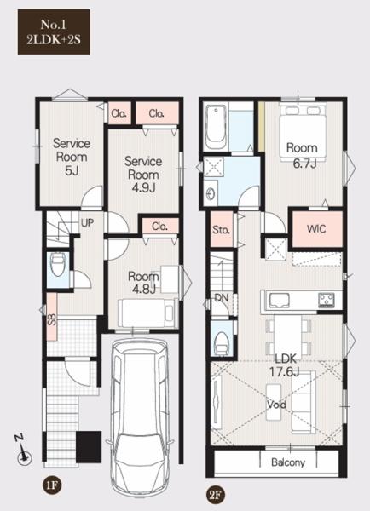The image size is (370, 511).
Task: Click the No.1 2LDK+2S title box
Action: click(x=54, y=32)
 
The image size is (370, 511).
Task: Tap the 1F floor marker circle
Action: click(x=52, y=485)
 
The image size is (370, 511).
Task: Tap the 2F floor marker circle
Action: click(x=216, y=495)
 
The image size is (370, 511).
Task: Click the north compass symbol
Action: click(x=23, y=451)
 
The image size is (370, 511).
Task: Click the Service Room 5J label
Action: click(x=72, y=157)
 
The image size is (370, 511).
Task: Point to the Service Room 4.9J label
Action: click(x=143, y=175)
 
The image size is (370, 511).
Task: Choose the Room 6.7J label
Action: click(x=302, y=155)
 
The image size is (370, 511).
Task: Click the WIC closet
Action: click(x=317, y=228)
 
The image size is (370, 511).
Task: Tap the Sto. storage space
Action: click(x=221, y=229)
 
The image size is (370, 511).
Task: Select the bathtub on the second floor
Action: click(x=216, y=127)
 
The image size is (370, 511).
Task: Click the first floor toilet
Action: click(x=59, y=265)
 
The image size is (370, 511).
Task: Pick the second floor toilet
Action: click(x=222, y=343)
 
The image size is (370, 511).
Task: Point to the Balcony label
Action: click(x=288, y=462)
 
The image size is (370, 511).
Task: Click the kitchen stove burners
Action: click(x=327, y=300)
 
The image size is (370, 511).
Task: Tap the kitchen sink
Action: click(x=278, y=300)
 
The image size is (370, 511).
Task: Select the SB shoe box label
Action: click(x=52, y=319)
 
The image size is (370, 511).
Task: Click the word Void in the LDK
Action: click(x=276, y=405)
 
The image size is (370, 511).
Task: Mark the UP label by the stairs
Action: click(x=87, y=223)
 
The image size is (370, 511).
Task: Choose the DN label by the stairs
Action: click(x=221, y=298)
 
